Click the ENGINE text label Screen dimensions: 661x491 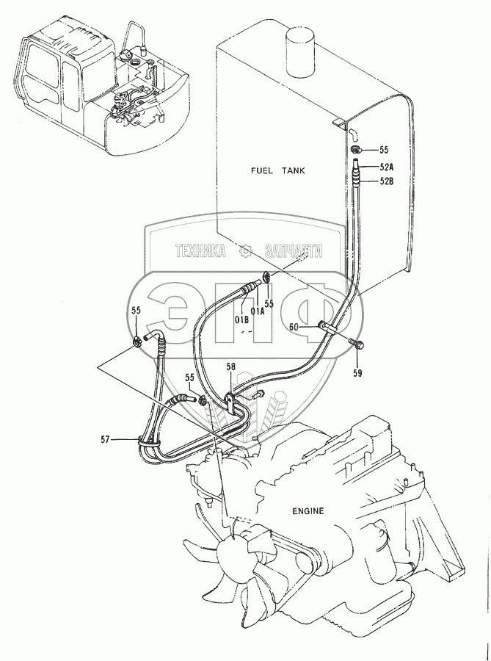(x=308, y=508)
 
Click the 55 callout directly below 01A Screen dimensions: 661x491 (x=269, y=302)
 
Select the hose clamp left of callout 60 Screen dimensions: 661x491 (x=326, y=326)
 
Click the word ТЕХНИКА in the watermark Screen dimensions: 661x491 (x=200, y=252)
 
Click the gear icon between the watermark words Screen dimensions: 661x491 (x=246, y=252)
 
